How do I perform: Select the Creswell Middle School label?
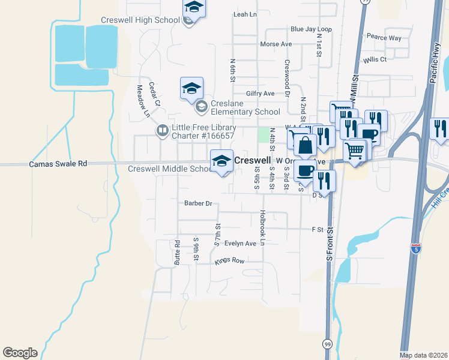point(170,169)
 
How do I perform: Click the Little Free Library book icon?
point(162,130)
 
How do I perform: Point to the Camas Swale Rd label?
point(58,164)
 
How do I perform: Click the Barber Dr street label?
point(199,203)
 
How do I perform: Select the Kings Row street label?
point(230,262)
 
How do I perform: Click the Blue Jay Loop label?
point(311,29)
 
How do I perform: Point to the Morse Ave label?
point(276,44)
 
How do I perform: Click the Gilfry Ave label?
point(260,94)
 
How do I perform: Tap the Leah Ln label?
point(244,14)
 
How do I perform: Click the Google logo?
point(20,353)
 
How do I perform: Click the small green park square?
point(264,135)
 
